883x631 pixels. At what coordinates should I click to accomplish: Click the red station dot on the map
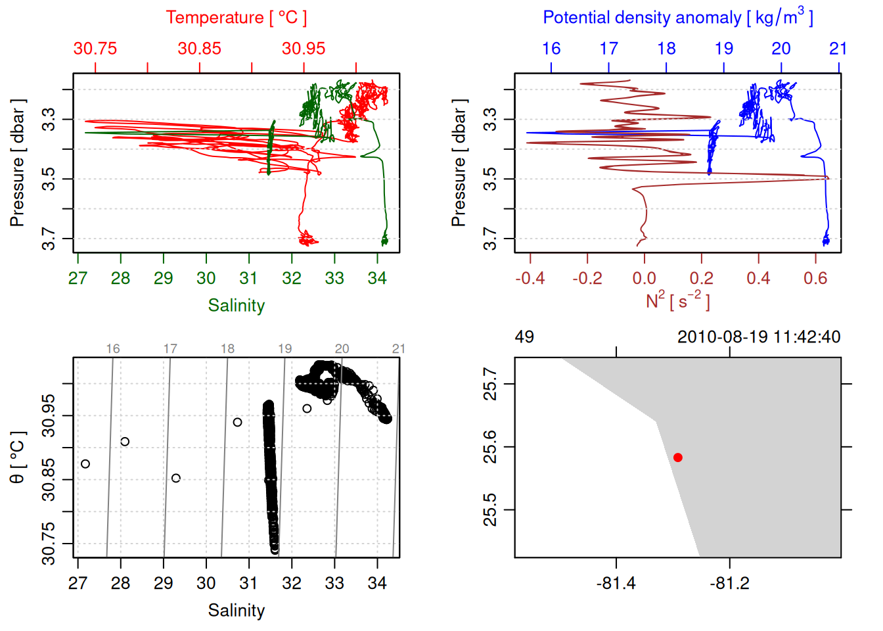pos(678,457)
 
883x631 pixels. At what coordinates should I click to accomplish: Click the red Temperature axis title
pos(236,18)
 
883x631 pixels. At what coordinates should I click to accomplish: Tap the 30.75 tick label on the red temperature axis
pos(95,49)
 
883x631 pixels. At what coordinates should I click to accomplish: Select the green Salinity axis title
pos(236,306)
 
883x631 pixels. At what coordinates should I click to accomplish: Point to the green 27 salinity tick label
pos(78,279)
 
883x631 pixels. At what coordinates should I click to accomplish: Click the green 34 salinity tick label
pos(377,279)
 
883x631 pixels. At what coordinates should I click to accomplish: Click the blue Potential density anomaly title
pos(677,18)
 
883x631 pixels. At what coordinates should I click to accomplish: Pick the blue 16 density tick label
pos(551,49)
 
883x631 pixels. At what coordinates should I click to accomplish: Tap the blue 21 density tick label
pos(838,49)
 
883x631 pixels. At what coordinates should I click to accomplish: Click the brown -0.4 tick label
pos(530,279)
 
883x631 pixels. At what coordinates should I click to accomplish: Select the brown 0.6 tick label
pos(815,279)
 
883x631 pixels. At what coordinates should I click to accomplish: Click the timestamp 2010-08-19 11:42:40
pos(759,337)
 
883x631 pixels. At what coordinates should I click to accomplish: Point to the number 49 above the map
pos(524,337)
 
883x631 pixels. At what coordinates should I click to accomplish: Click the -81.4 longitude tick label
pos(616,584)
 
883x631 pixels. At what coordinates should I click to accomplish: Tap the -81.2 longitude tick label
pos(729,584)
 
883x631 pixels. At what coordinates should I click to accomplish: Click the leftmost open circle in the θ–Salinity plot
pos(85,464)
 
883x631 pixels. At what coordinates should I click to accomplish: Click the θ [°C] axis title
pos(18,457)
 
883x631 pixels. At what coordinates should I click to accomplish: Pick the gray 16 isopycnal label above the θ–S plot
pos(113,349)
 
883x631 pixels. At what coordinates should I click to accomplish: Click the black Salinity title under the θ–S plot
pos(236,611)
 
